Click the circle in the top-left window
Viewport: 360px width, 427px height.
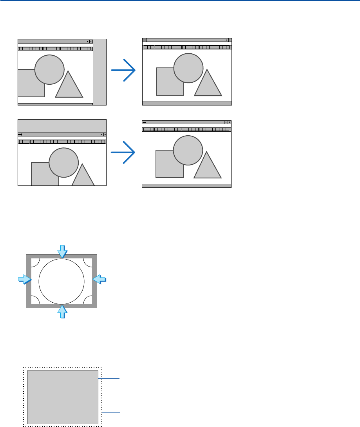pos(49,69)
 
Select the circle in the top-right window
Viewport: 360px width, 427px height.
pos(188,68)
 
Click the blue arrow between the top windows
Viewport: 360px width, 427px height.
pos(123,71)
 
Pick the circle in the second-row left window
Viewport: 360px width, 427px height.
pos(63,163)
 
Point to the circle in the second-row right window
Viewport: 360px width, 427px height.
pos(188,150)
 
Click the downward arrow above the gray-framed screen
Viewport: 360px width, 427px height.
pos(62,251)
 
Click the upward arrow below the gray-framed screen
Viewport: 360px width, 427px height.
pos(62,312)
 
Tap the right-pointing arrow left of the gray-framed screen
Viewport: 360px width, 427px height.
pos(24,279)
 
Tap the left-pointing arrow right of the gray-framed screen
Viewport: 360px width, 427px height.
pos(99,279)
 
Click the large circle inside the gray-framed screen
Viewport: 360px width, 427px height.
pos(62,282)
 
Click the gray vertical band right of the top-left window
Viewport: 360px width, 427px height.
pos(99,72)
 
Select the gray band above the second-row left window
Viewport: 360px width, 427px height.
pos(62,125)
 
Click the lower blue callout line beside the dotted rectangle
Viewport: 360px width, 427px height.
pos(111,413)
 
